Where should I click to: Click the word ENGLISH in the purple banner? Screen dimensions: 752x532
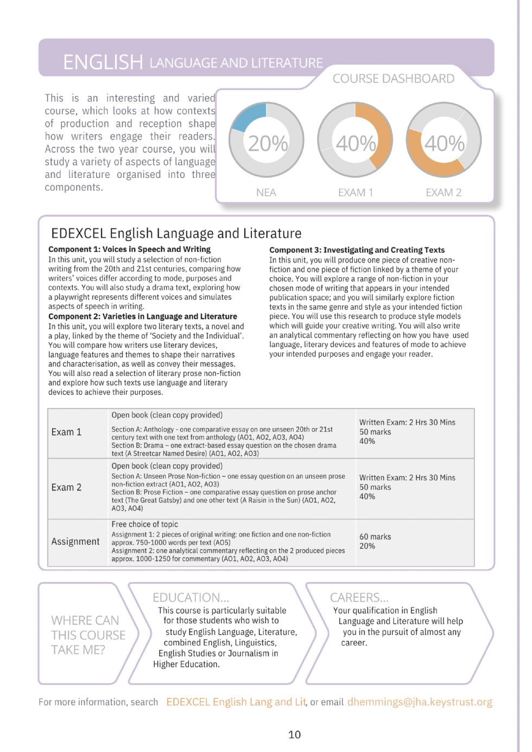tap(103, 62)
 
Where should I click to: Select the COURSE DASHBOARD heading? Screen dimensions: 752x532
tap(393, 79)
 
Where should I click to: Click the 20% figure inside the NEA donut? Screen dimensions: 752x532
tap(268, 143)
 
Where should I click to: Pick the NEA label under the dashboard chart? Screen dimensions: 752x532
tap(266, 193)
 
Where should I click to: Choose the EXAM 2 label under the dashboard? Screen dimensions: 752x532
tap(444, 193)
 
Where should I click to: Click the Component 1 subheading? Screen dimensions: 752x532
tap(129, 249)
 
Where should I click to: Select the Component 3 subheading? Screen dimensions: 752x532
tap(357, 250)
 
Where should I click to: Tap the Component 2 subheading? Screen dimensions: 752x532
tap(142, 316)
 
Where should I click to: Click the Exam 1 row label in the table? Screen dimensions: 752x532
tap(66, 432)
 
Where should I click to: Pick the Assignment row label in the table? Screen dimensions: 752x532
tap(75, 541)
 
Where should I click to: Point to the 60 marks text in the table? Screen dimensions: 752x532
tap(375, 537)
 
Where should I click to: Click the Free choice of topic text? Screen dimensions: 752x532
tap(144, 524)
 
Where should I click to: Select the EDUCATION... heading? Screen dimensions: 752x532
tap(191, 597)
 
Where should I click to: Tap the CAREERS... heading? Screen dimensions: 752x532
tap(359, 597)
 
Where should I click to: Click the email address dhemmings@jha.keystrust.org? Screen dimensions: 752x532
tap(419, 702)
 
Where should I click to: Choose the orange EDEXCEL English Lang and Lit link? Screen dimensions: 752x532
tap(236, 702)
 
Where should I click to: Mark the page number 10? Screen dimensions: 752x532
tap(294, 734)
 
